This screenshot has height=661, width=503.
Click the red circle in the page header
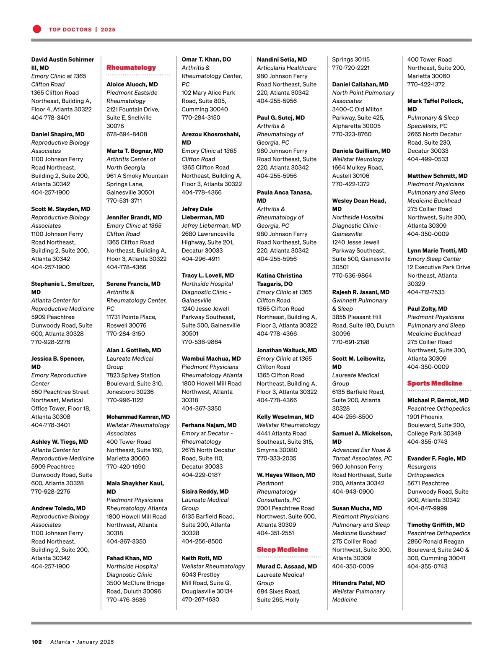pyautogui.click(x=37, y=29)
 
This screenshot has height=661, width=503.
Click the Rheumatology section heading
pyautogui.click(x=131, y=68)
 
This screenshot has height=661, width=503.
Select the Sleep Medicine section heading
pyautogui.click(x=282, y=549)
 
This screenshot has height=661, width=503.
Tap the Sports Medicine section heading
pyautogui.click(x=435, y=383)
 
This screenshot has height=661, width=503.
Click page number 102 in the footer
pyautogui.click(x=36, y=642)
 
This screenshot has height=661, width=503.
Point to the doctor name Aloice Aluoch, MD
pyautogui.click(x=132, y=84)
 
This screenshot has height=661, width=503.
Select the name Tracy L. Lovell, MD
pyautogui.click(x=207, y=276)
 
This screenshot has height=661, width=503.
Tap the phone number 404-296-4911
pyautogui.click(x=200, y=259)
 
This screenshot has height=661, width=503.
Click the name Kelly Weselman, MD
pyautogui.click(x=285, y=417)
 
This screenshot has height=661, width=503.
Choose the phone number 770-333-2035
pyautogui.click(x=277, y=458)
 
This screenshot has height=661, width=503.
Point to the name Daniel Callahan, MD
pyautogui.click(x=360, y=84)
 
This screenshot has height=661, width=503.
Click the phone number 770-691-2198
pyautogui.click(x=350, y=342)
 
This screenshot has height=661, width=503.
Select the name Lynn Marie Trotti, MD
pyautogui.click(x=437, y=250)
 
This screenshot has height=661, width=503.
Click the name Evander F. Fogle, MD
pyautogui.click(x=436, y=458)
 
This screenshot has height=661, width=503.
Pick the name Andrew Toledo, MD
pyautogui.click(x=58, y=508)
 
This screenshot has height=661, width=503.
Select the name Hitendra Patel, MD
pyautogui.click(x=358, y=583)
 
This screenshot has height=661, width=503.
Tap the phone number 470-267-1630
pyautogui.click(x=200, y=600)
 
